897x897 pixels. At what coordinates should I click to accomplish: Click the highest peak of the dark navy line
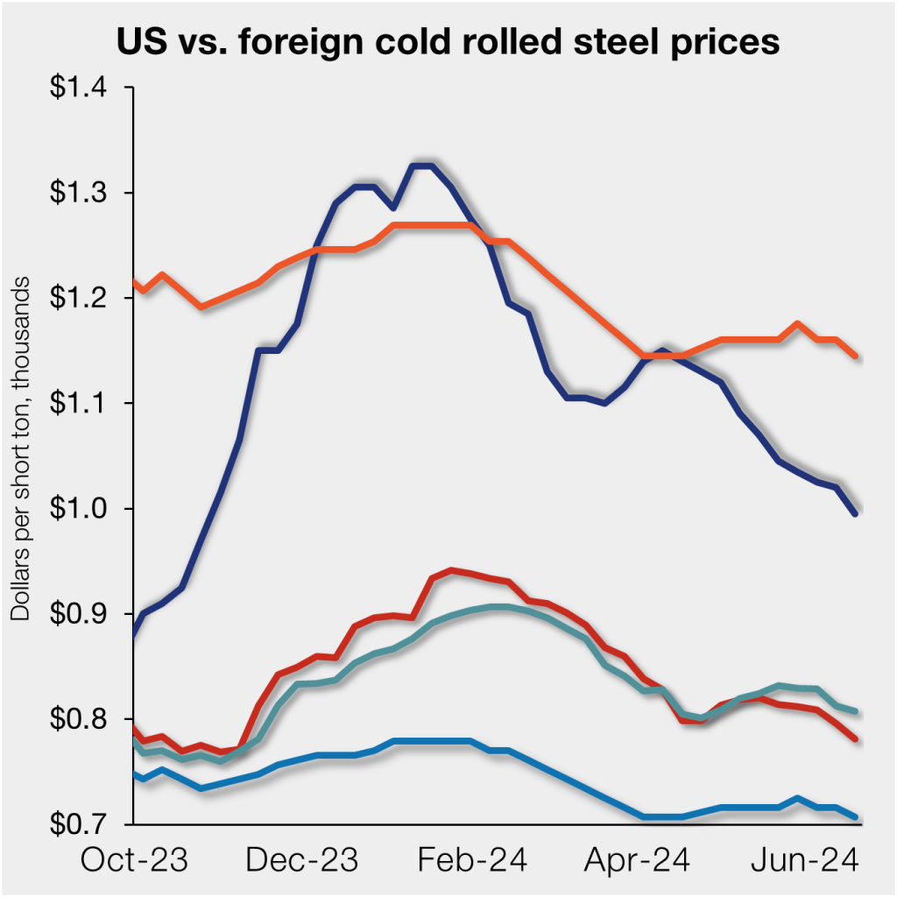click(x=421, y=166)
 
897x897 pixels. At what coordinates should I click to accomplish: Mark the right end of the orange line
click(x=855, y=356)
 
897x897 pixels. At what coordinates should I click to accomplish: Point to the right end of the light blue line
click(x=855, y=816)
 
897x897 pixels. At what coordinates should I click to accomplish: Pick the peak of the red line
click(x=451, y=570)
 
